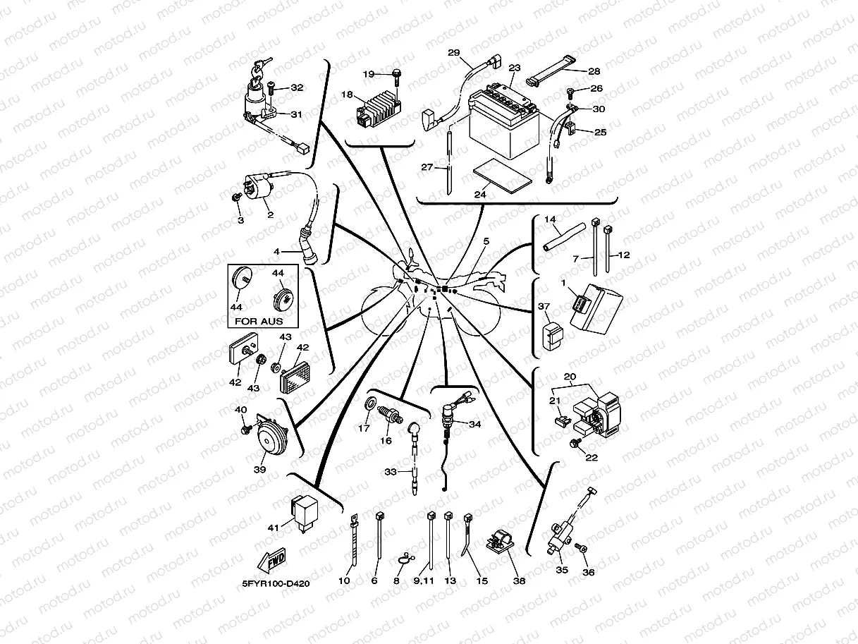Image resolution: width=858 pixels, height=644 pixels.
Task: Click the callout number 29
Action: click(453, 53)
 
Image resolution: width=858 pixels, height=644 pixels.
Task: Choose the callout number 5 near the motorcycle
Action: click(486, 242)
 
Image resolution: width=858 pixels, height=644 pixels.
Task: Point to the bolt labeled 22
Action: click(575, 443)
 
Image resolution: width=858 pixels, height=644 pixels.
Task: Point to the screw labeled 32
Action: click(272, 89)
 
